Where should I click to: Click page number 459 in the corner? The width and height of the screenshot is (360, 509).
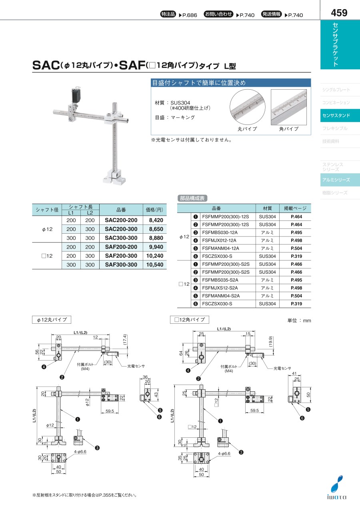tap(339, 13)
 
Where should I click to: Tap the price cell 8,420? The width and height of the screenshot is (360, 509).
tap(156, 220)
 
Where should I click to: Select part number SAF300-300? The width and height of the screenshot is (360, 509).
tap(121, 265)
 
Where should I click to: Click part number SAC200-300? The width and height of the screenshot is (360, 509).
tap(121, 229)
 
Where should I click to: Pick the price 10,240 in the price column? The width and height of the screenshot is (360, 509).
tap(155, 256)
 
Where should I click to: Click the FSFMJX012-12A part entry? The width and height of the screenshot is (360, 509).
tap(219, 240)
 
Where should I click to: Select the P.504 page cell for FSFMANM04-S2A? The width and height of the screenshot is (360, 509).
tap(296, 296)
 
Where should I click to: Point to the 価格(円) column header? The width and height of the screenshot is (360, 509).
tap(155, 210)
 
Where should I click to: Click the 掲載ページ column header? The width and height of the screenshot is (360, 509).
tap(295, 208)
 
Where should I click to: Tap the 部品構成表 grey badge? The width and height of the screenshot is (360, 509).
tap(192, 198)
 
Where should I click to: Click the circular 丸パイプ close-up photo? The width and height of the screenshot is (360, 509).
tap(247, 107)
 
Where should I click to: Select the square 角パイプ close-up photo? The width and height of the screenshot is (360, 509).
tap(289, 107)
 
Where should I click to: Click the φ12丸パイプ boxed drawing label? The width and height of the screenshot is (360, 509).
tap(52, 320)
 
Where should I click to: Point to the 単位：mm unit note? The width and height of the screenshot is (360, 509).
tap(299, 321)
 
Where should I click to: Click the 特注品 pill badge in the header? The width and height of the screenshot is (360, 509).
tap(168, 14)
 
